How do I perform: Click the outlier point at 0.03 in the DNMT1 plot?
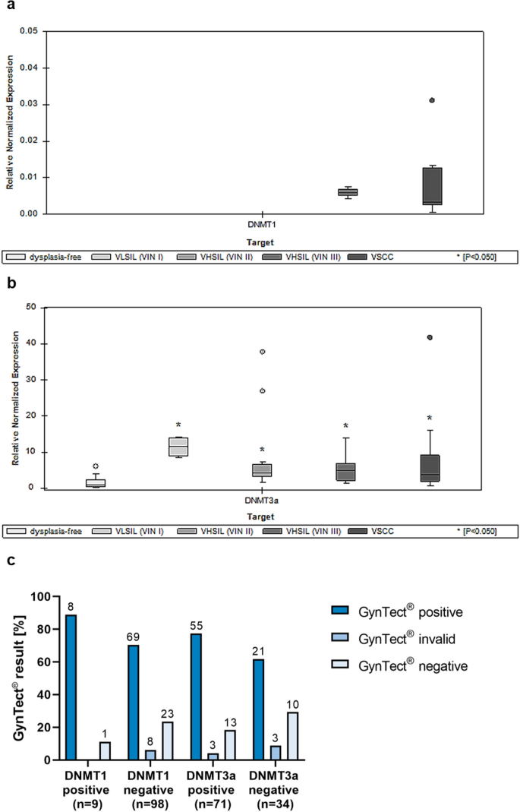pos(432,100)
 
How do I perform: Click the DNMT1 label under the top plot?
pos(262,226)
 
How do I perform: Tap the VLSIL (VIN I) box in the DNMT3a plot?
pos(178,447)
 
